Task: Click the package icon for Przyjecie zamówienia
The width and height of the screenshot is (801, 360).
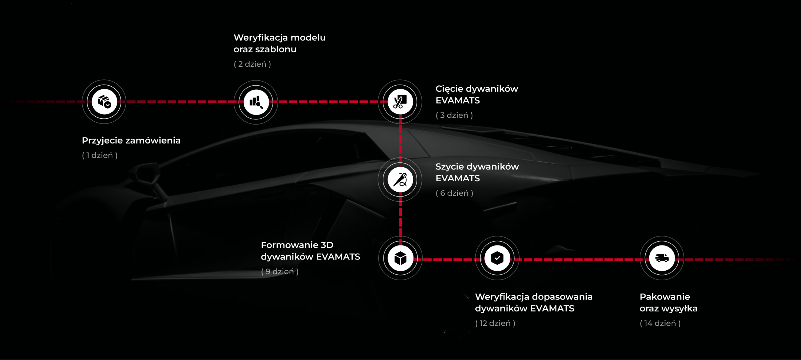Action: click(x=104, y=102)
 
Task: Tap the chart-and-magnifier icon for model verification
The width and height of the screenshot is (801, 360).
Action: click(x=256, y=102)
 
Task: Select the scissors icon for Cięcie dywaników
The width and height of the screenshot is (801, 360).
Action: click(x=400, y=102)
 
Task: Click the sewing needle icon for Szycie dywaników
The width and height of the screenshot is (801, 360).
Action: click(x=400, y=180)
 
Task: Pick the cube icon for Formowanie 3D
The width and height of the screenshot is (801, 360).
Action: click(x=400, y=258)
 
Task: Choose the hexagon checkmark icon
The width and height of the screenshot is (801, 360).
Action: click(x=497, y=258)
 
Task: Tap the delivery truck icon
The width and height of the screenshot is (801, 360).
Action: click(x=662, y=258)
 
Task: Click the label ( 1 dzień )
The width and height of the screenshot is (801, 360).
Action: click(x=100, y=155)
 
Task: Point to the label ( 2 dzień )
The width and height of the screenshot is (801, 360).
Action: click(x=252, y=64)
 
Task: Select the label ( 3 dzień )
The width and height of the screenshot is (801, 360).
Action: click(x=454, y=115)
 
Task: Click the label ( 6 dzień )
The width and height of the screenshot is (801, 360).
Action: click(x=454, y=193)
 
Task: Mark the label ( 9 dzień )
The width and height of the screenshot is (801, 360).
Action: click(x=280, y=271)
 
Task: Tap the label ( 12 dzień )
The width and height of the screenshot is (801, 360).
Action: click(x=495, y=323)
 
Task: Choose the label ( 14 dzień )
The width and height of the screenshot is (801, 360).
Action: click(x=660, y=323)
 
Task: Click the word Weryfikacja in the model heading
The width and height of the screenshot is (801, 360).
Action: click(x=261, y=38)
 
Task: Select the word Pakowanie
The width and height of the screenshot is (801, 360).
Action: click(x=665, y=297)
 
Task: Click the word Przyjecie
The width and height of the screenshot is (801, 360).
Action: click(x=102, y=141)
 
